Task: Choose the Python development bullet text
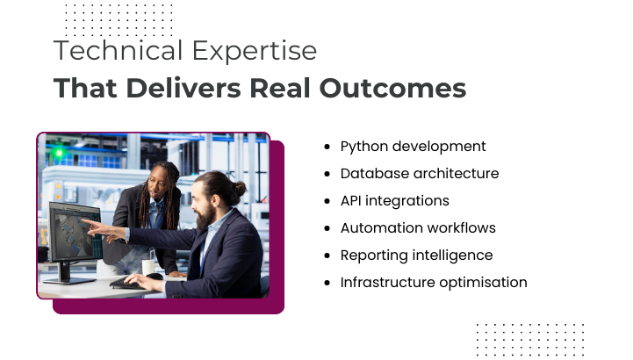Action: [x=413, y=147]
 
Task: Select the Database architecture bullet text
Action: [x=420, y=174]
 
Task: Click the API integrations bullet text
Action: [x=394, y=201]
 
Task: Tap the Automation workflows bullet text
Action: [x=418, y=228]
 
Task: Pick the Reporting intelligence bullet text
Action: [x=416, y=256]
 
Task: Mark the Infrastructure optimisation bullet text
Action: [x=434, y=283]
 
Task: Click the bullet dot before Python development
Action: [x=327, y=147]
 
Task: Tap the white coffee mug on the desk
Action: [x=148, y=267]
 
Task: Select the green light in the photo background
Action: [x=59, y=153]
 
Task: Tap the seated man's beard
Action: [x=207, y=216]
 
